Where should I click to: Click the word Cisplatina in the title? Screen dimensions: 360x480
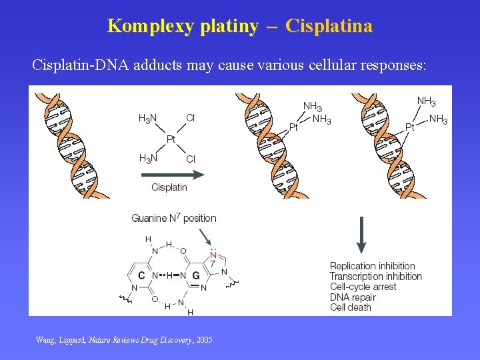point(329,26)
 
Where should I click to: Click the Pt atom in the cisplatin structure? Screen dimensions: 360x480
point(171,139)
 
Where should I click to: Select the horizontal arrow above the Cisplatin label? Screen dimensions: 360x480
point(172,175)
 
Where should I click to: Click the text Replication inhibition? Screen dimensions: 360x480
point(372,266)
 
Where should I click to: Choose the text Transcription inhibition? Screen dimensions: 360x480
point(375,276)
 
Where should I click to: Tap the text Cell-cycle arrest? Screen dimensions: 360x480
point(363,287)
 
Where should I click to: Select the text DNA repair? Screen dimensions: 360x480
point(353,297)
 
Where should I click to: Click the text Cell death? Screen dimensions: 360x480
point(351,307)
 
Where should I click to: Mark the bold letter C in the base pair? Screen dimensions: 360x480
point(141,275)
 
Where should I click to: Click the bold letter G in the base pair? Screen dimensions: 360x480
point(196,275)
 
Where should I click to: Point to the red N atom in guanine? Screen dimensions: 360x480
point(213,255)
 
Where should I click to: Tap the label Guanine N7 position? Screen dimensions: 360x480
point(174,218)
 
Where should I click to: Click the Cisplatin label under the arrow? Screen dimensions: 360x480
point(169,187)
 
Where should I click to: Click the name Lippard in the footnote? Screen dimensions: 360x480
point(71,340)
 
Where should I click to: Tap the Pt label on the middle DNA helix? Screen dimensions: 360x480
point(293,127)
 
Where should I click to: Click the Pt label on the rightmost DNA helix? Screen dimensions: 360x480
point(410,127)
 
